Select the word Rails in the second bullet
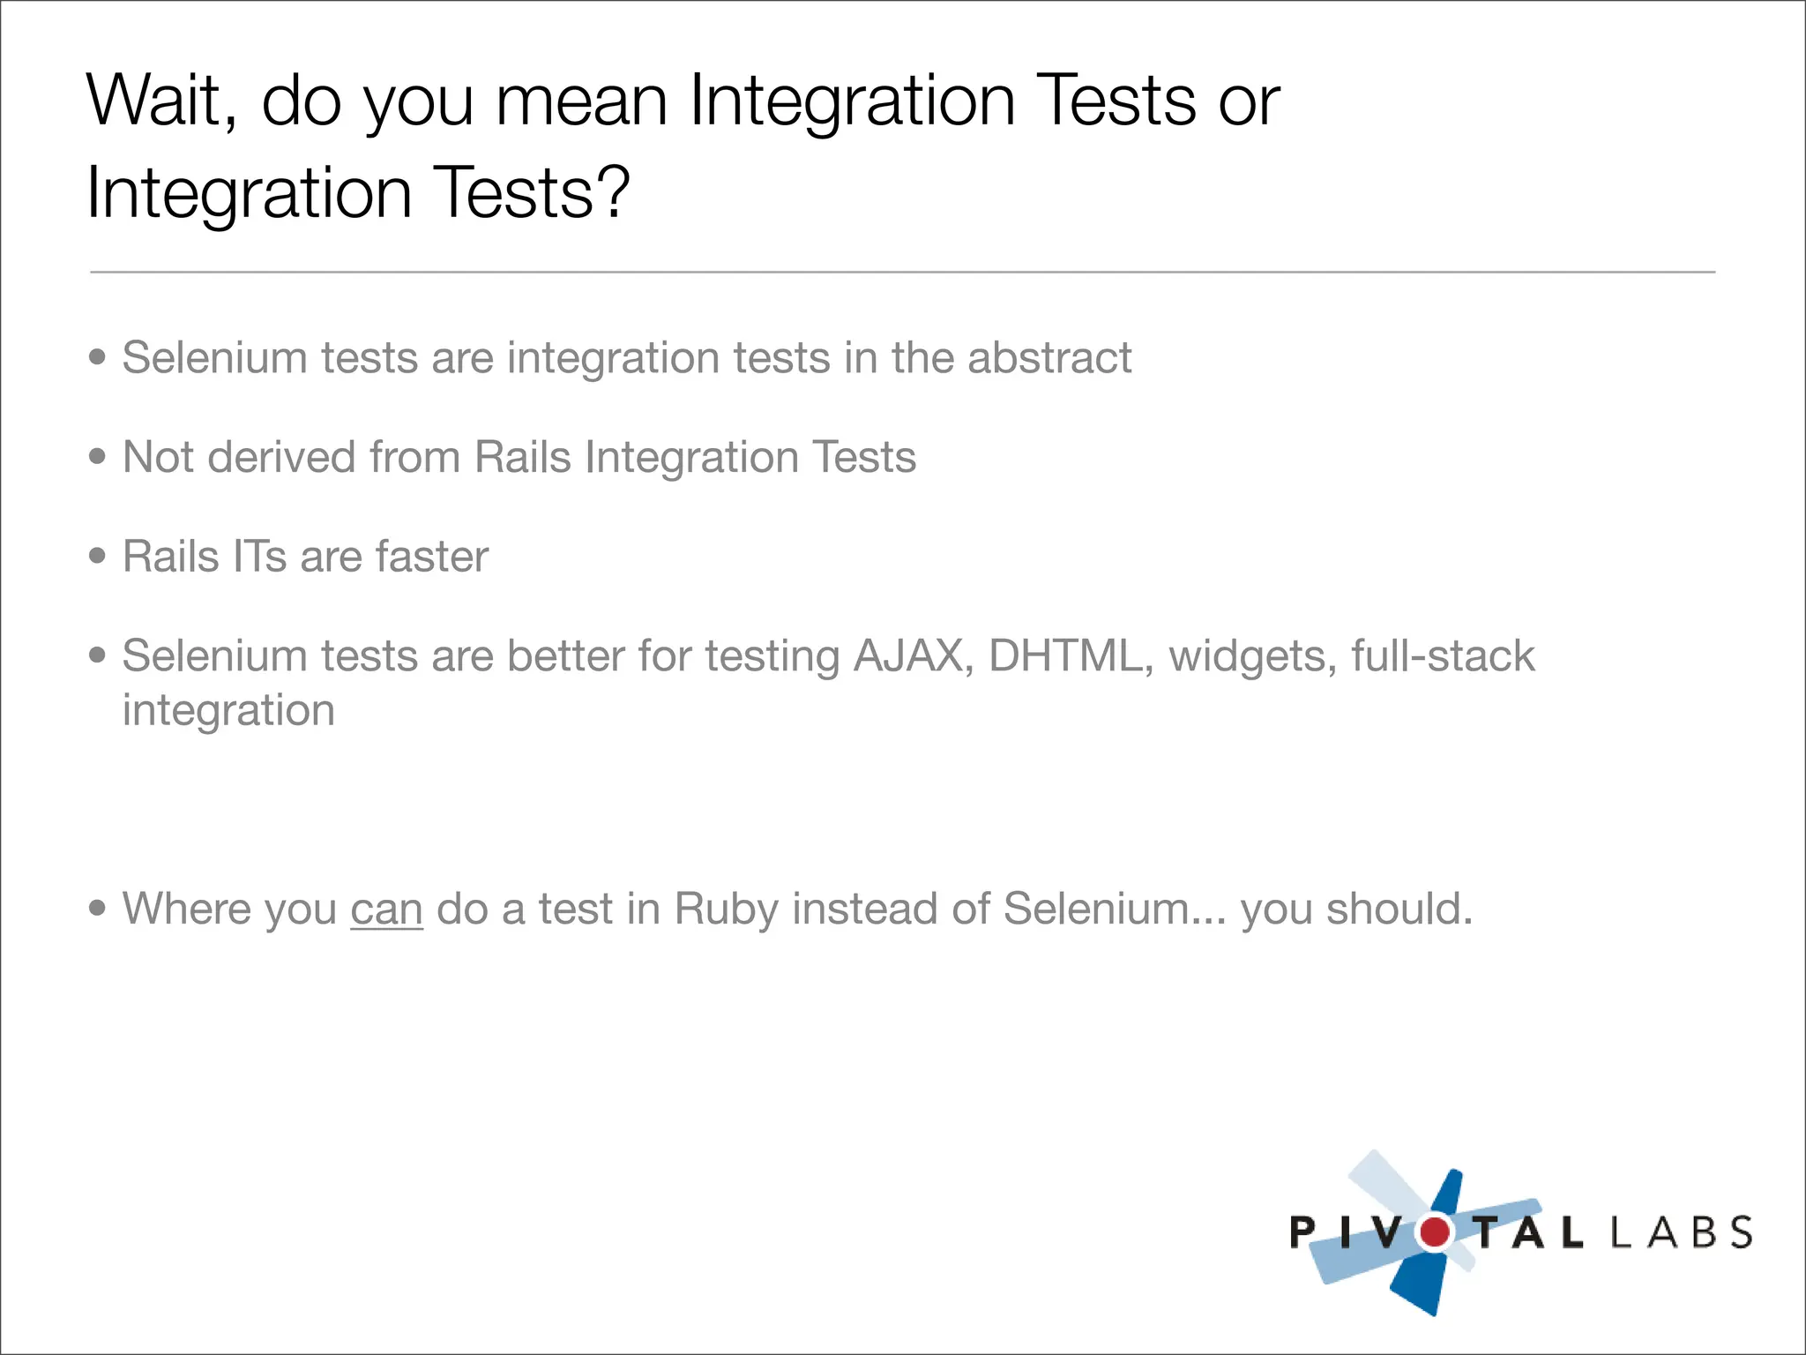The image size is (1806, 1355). pos(523,458)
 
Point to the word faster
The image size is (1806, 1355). pos(431,557)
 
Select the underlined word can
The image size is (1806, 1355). pos(386,910)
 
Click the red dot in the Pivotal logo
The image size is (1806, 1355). pos(1435,1231)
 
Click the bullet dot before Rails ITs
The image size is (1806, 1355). pos(98,557)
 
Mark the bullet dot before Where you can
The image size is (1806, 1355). pos(98,908)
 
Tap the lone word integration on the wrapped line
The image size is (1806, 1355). pos(228,711)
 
